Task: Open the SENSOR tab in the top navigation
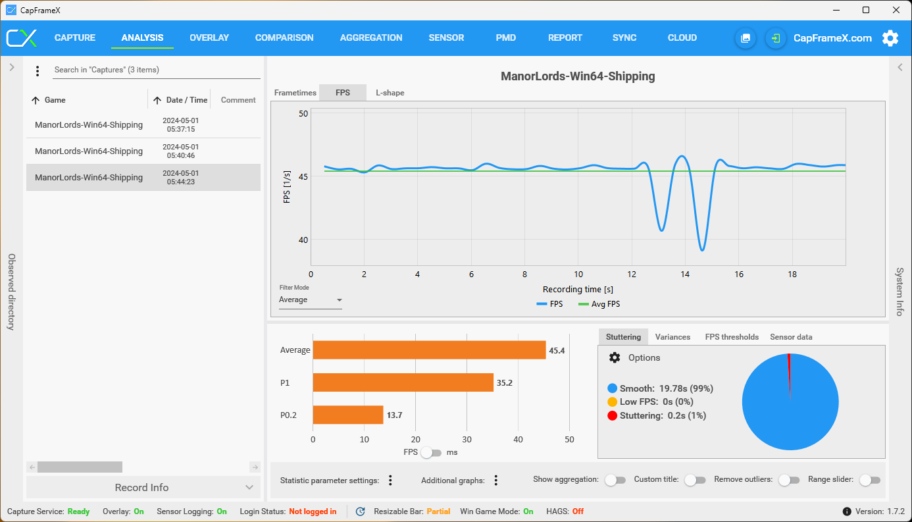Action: coord(446,38)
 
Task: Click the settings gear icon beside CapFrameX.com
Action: coord(890,38)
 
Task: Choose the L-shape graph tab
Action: coord(390,93)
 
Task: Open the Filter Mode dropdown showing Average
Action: coord(311,300)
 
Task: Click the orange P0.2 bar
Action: coord(347,415)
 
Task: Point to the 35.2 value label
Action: coord(504,382)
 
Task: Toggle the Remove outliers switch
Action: coord(788,480)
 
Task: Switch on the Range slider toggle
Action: coord(869,480)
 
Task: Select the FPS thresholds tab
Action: coord(732,337)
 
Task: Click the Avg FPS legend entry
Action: coord(599,304)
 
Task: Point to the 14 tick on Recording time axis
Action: coord(685,274)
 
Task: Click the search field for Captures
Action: coord(157,70)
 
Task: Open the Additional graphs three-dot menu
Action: coord(496,481)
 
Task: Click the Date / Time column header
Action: coord(186,100)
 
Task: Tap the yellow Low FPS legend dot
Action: coord(612,402)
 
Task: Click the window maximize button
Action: coord(866,10)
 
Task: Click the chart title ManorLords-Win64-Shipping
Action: coord(578,76)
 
